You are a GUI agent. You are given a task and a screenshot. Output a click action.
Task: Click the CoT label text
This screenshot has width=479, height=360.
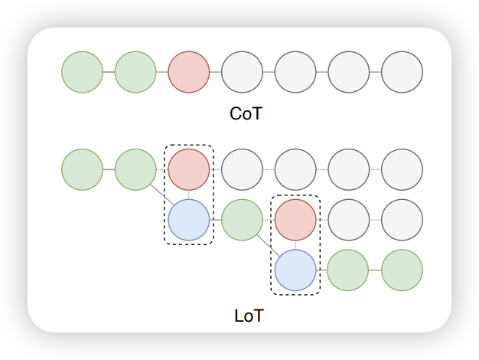[246, 114]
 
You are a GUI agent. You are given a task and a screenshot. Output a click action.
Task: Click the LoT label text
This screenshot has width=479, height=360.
[248, 316]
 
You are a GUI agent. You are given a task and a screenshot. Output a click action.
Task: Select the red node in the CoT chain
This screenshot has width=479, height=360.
[188, 72]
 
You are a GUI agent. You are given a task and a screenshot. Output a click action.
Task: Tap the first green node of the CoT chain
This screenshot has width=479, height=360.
[82, 72]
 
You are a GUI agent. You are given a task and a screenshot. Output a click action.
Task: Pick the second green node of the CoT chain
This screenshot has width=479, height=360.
[135, 72]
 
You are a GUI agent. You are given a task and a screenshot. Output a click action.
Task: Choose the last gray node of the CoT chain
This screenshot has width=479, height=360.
[402, 72]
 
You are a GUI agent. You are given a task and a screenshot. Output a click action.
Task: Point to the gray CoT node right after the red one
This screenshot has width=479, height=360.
[242, 72]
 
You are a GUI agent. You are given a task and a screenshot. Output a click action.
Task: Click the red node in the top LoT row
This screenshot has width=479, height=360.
[188, 169]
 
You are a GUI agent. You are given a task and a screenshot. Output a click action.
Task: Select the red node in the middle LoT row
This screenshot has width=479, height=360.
[295, 220]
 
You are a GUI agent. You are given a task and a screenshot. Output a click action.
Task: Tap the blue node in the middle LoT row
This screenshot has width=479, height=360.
[188, 220]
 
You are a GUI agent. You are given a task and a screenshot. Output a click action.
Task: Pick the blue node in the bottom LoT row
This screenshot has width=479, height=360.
[295, 270]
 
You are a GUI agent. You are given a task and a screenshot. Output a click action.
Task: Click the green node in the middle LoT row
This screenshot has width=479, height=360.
[242, 220]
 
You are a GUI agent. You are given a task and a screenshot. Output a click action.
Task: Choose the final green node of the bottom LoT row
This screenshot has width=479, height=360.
[402, 270]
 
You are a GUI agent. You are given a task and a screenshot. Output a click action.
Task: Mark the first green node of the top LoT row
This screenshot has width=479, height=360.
[82, 169]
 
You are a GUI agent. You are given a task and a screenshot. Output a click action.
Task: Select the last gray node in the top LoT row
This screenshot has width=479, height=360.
[402, 169]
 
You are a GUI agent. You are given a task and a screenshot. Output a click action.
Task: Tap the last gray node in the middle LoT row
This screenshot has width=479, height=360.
[402, 220]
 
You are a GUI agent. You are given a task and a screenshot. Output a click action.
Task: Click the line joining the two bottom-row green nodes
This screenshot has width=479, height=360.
[375, 270]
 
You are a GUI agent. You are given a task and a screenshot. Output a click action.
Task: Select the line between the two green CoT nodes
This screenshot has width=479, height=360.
[109, 72]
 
